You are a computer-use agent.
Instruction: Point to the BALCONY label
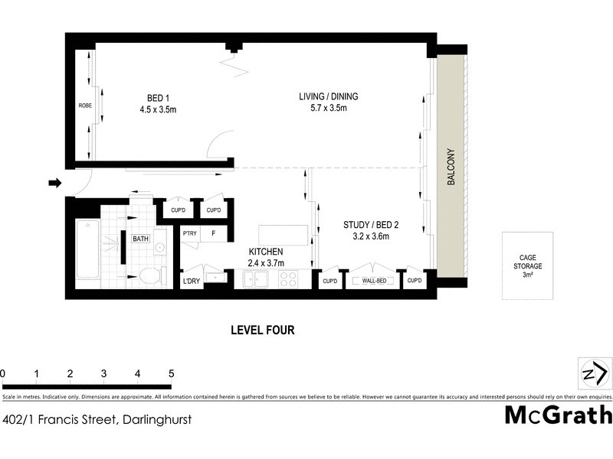click(x=451, y=166)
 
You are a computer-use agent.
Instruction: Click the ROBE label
click(x=84, y=106)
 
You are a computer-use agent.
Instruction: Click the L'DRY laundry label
click(x=192, y=282)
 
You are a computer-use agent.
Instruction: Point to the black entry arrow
click(x=54, y=183)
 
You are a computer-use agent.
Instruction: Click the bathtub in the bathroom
click(x=87, y=249)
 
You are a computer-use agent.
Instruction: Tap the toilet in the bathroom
click(x=150, y=275)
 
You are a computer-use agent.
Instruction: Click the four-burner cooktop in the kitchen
click(x=288, y=280)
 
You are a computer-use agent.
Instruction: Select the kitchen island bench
click(x=283, y=233)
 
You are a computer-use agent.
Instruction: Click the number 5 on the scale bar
click(x=172, y=373)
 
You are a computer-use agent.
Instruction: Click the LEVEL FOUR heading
click(x=263, y=330)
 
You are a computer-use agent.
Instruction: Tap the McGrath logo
click(x=559, y=415)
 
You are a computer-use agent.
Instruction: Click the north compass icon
click(x=594, y=373)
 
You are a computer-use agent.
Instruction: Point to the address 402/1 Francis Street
click(x=97, y=418)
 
